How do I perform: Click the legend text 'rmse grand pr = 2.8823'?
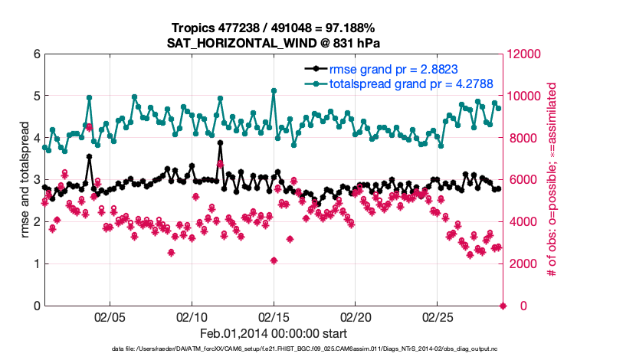click(393, 69)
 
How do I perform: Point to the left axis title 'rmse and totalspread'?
click(25, 179)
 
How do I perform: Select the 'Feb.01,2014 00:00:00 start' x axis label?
click(274, 334)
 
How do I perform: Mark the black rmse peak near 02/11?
click(220, 142)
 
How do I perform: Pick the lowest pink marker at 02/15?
click(274, 260)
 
